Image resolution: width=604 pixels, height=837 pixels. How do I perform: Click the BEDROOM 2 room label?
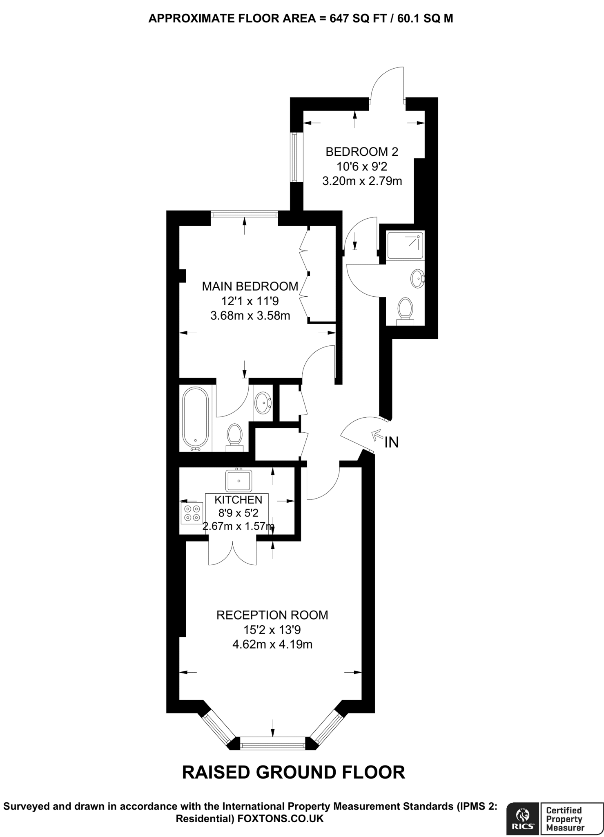coord(361,152)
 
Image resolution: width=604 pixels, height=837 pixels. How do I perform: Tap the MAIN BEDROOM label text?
coord(250,286)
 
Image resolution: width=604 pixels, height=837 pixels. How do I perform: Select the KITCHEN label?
coord(238,499)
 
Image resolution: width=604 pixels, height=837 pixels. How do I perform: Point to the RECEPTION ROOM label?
coord(272,615)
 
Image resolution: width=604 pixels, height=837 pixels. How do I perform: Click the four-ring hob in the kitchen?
coord(192,513)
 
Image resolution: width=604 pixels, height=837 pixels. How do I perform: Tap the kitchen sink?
coord(239,481)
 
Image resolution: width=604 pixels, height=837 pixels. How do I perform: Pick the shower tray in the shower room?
coord(405,245)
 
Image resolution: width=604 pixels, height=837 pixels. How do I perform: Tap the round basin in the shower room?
coord(417,279)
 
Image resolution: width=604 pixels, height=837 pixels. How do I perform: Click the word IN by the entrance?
coord(391,442)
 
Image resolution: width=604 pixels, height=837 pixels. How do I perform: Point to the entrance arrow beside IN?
coord(376,435)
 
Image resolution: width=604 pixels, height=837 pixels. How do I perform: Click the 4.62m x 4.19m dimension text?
coord(272,645)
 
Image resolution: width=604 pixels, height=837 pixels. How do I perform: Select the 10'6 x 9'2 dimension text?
coord(362,166)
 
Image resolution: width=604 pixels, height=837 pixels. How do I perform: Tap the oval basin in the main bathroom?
coord(262,403)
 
